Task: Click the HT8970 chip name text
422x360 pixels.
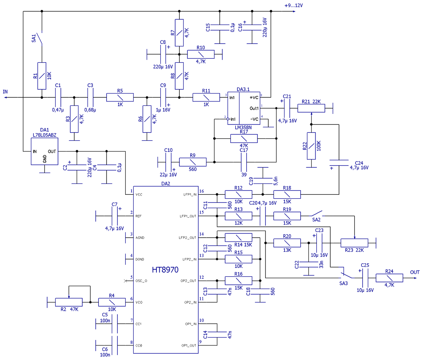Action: pyautogui.click(x=165, y=270)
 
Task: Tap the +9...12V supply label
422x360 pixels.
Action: pyautogui.click(x=293, y=5)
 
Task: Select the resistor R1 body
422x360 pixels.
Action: pyautogui.click(x=42, y=76)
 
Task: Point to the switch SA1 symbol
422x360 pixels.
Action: pyautogui.click(x=40, y=38)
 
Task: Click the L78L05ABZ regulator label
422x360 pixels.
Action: pyautogui.click(x=45, y=135)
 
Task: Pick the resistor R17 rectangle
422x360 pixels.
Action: pyautogui.click(x=244, y=139)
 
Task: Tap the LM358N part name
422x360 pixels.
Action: pyautogui.click(x=243, y=128)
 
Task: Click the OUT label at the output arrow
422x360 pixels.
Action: pyautogui.click(x=415, y=272)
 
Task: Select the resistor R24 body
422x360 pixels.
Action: pyautogui.click(x=389, y=278)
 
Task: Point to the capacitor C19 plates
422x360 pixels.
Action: pyautogui.click(x=263, y=181)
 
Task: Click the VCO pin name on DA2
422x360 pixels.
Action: pyautogui.click(x=139, y=302)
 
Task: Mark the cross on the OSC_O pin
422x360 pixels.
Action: pyautogui.click(x=125, y=281)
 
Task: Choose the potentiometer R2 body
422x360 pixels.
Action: pyautogui.click(x=69, y=302)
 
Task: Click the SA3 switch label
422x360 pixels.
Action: pyautogui.click(x=343, y=283)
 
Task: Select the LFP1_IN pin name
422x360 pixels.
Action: pyautogui.click(x=190, y=194)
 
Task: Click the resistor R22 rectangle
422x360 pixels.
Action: pyautogui.click(x=311, y=146)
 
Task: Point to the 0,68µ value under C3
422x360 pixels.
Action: pyautogui.click(x=90, y=110)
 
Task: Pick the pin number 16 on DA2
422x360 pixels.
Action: pyautogui.click(x=202, y=191)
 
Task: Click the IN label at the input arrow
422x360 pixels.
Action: pyautogui.click(x=5, y=92)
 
